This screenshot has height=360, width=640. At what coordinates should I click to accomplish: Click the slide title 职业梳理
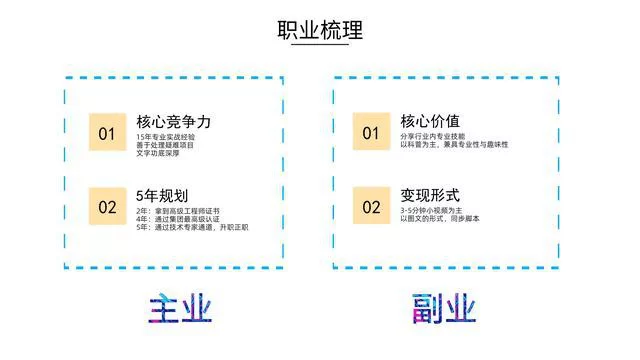coord(319,30)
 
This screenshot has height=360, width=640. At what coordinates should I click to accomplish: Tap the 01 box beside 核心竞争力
coord(107,133)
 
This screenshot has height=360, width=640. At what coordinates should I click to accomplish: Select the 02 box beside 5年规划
coord(107,207)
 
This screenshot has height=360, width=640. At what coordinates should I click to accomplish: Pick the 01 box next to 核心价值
coord(371,133)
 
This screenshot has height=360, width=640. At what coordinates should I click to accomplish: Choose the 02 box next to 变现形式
coord(371,207)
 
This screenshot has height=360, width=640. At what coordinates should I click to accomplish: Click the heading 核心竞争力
coord(173,122)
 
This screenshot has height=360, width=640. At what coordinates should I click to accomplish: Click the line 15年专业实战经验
coord(166,137)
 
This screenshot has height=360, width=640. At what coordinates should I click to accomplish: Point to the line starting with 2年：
coord(177,211)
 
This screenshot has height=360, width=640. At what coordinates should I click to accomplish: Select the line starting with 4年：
coord(177,219)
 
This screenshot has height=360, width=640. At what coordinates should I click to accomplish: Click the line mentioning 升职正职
coord(191,228)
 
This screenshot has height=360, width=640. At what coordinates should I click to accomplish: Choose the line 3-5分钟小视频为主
coord(431,211)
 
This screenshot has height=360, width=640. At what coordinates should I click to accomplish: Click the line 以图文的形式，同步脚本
coord(439,219)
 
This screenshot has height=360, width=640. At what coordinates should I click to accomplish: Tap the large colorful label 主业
coord(181,308)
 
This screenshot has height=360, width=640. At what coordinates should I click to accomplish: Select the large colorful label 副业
coord(445,308)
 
